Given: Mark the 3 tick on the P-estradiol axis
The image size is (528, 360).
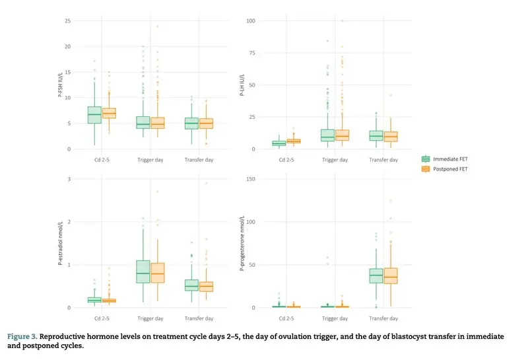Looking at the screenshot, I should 69,179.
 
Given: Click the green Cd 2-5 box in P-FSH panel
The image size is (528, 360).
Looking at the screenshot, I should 94,115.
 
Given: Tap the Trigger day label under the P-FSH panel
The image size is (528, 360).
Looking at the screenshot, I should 150,160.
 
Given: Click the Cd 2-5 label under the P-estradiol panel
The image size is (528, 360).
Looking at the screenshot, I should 102,318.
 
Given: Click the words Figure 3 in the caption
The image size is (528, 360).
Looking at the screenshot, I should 22,337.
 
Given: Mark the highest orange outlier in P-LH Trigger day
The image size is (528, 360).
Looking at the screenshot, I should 341,21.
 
